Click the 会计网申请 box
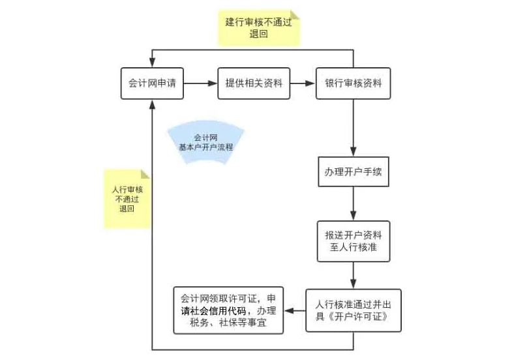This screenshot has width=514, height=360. coord(152,83)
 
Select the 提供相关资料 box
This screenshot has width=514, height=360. coord(253,83)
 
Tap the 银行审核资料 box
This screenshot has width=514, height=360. coord(353,83)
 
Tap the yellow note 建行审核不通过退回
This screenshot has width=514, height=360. coord(258,27)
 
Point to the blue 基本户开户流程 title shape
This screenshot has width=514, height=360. coord(206,142)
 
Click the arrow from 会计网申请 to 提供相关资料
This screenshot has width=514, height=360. coord(200,83)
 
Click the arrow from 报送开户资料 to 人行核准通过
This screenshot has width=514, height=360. coord(353,275)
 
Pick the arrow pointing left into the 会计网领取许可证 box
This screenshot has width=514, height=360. coord(295,311)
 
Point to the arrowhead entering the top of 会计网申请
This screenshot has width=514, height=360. coord(152,63)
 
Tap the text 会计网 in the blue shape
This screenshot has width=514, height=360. coord(206,138)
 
